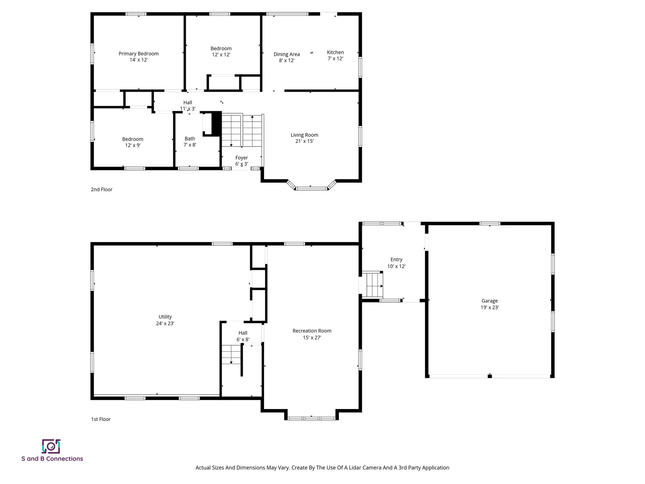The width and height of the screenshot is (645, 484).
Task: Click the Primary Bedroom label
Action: [x=138, y=54]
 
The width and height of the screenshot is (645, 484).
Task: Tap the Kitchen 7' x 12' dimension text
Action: [x=335, y=58]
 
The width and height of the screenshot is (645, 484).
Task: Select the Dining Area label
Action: [x=287, y=54]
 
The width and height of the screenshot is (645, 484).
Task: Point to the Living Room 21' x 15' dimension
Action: [x=304, y=141]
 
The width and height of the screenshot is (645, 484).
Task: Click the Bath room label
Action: [x=190, y=139]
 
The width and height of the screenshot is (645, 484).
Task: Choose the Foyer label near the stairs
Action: [x=242, y=158]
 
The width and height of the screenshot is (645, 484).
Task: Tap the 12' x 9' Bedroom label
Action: [x=133, y=142]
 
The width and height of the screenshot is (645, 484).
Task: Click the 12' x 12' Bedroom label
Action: [x=221, y=51]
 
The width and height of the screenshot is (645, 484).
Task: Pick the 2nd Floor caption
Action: [x=101, y=190]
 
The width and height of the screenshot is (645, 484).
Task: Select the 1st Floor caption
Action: [x=101, y=419]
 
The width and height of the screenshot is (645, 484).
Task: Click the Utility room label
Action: [x=165, y=317]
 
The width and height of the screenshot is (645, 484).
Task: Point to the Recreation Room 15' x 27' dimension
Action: [x=312, y=337]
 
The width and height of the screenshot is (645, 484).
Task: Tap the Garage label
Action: [x=489, y=301]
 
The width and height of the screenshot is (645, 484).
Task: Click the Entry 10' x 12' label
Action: [x=396, y=263]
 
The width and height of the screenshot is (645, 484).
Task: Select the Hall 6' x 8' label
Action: [x=243, y=336]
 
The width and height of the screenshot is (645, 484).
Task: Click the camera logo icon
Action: [x=51, y=446]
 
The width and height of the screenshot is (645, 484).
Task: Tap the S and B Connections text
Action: [x=52, y=459]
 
